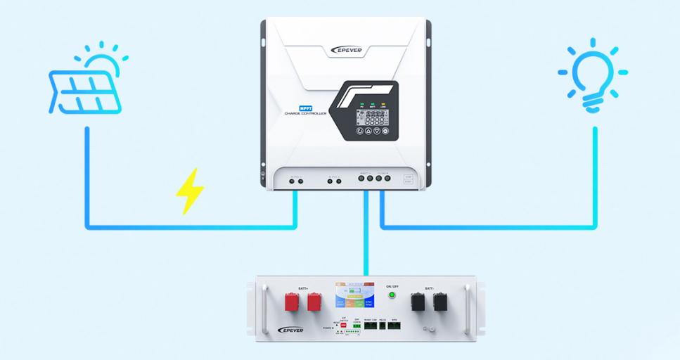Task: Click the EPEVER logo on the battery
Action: coord(292,329)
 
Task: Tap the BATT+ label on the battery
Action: coord(304,288)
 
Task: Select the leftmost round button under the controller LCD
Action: coord(359,131)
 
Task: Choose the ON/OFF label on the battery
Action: coord(392,285)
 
